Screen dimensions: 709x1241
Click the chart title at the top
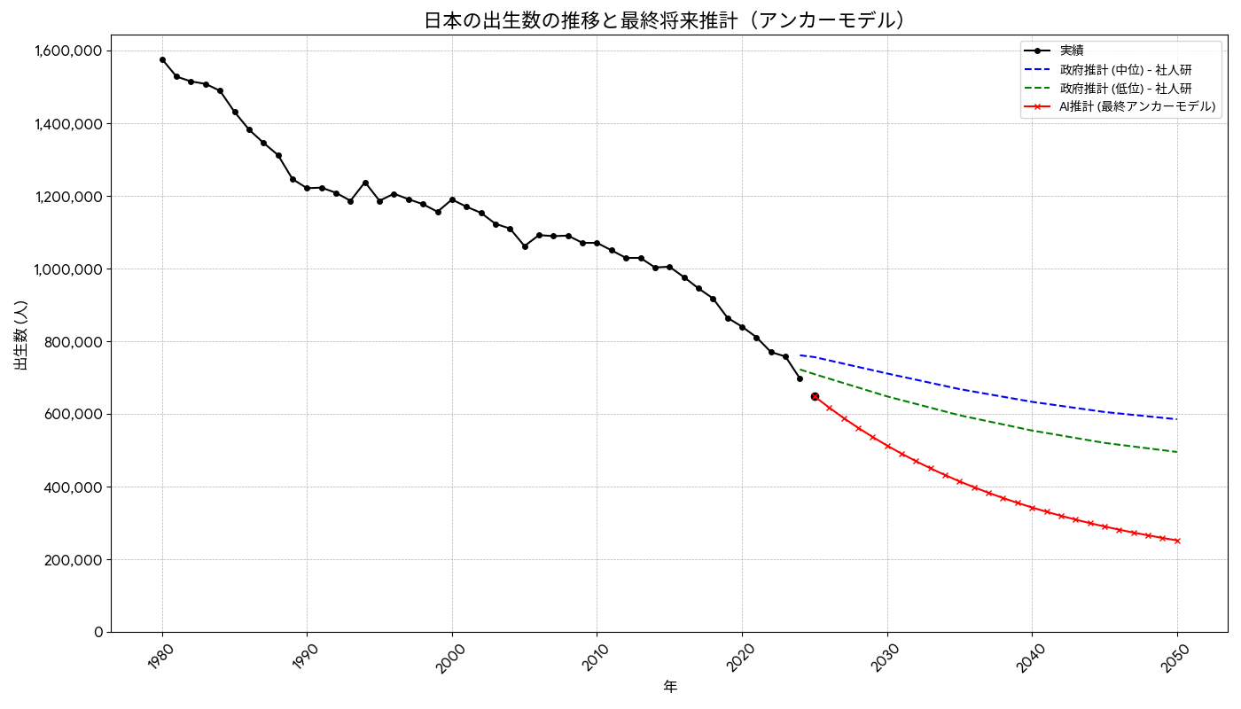click(x=666, y=19)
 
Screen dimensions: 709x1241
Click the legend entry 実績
click(x=1072, y=51)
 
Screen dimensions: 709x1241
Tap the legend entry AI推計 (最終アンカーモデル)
click(x=1137, y=106)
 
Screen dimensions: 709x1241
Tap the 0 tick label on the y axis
click(x=98, y=633)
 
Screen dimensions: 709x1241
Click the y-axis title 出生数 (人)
click(x=21, y=334)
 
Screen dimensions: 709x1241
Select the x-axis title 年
click(x=670, y=687)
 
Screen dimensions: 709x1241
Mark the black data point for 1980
click(x=162, y=59)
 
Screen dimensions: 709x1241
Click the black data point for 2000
click(x=452, y=199)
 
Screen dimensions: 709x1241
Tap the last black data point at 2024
click(x=800, y=378)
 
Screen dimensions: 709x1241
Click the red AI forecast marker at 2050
click(x=1177, y=541)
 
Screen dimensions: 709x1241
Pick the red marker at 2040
click(x=1032, y=508)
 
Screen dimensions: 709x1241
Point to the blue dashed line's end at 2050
click(x=1177, y=419)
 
